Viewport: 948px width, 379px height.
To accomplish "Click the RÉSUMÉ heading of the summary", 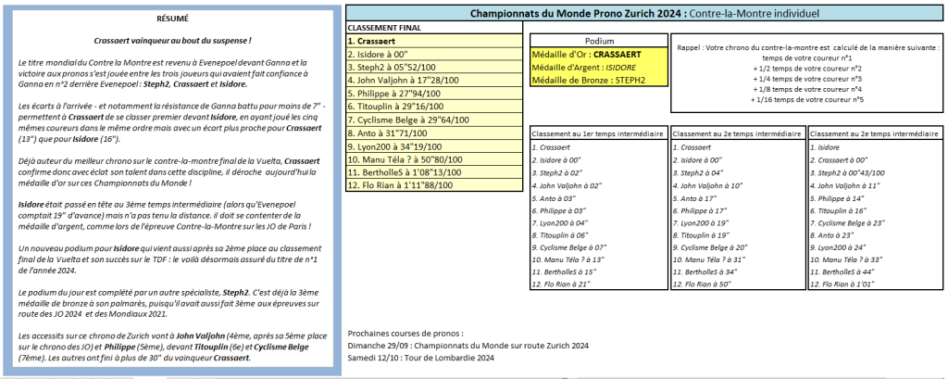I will pyautogui.click(x=172, y=19).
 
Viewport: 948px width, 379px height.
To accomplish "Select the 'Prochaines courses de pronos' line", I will pyautogui.click(x=405, y=333).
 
